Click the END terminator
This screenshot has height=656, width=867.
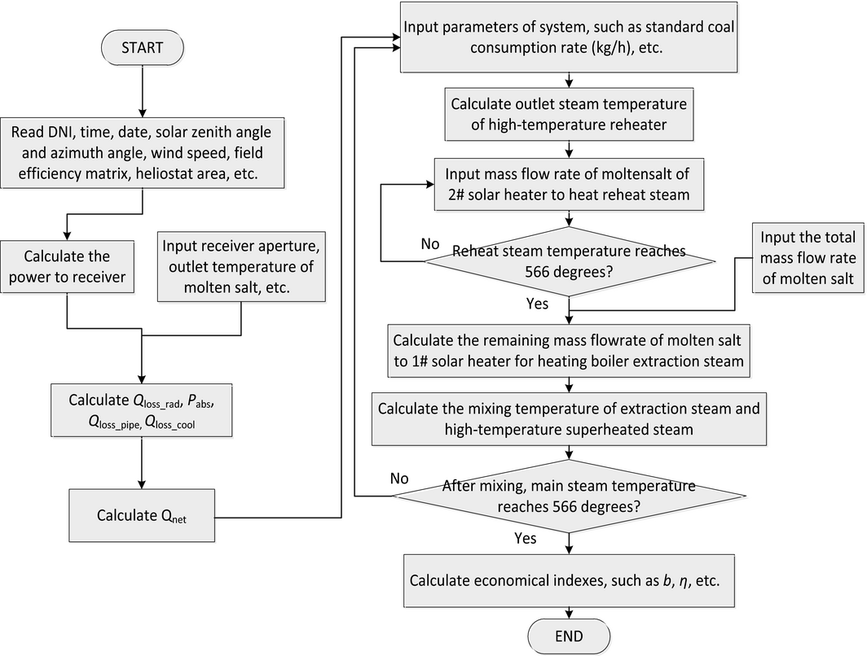tap(567, 635)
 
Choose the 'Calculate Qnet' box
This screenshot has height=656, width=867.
tap(142, 514)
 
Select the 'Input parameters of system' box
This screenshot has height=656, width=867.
tap(569, 38)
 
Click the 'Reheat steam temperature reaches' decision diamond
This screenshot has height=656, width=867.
tap(569, 261)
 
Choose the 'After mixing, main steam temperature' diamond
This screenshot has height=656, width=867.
tap(569, 496)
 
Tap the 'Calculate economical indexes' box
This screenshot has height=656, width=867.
tap(567, 579)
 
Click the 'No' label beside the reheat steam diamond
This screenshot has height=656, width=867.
tap(408, 243)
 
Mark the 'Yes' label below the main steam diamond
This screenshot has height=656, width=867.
tap(526, 538)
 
